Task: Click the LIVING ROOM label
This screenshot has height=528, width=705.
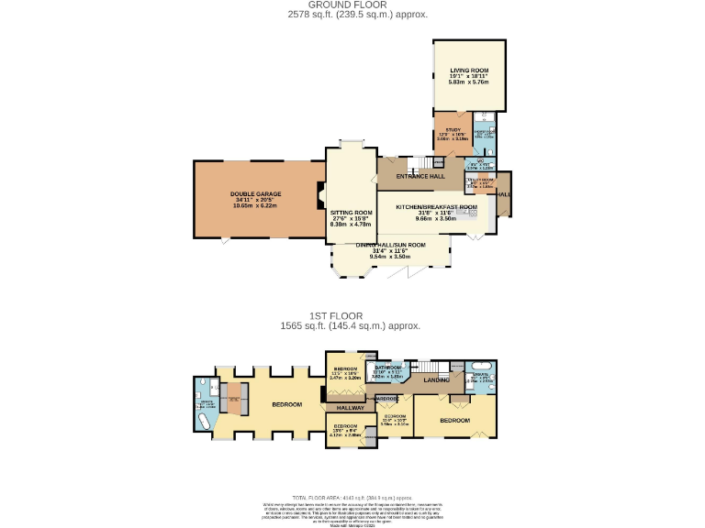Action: click(x=468, y=71)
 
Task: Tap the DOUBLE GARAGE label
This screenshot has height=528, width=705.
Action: click(x=255, y=193)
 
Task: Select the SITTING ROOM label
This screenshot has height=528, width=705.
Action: click(x=351, y=212)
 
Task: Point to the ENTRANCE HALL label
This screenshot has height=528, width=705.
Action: click(x=420, y=176)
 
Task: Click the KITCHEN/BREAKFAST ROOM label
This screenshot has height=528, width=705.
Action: click(x=436, y=207)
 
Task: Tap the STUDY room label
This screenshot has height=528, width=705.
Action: click(x=453, y=130)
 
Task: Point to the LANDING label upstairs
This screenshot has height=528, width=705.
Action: click(x=436, y=379)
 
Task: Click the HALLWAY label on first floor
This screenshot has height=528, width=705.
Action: click(x=350, y=407)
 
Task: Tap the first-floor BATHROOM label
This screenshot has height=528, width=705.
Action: click(x=386, y=368)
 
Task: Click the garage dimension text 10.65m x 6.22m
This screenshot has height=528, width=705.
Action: click(x=255, y=205)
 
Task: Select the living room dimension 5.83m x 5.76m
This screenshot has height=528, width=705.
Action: click(x=468, y=82)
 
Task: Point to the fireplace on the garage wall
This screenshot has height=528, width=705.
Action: click(x=320, y=194)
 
